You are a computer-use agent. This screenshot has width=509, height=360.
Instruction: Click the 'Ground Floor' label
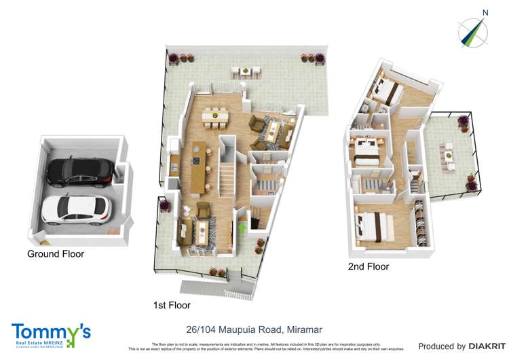point(56,254)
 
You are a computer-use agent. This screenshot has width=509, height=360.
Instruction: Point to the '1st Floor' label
point(172,306)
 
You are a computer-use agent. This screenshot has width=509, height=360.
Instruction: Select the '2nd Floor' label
point(369,267)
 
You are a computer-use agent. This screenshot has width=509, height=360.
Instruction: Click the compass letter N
point(485,12)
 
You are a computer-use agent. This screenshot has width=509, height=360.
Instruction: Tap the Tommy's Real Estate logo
point(51,335)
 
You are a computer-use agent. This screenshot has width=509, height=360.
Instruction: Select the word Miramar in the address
point(301,329)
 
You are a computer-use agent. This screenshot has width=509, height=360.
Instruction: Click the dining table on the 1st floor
point(215,117)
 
